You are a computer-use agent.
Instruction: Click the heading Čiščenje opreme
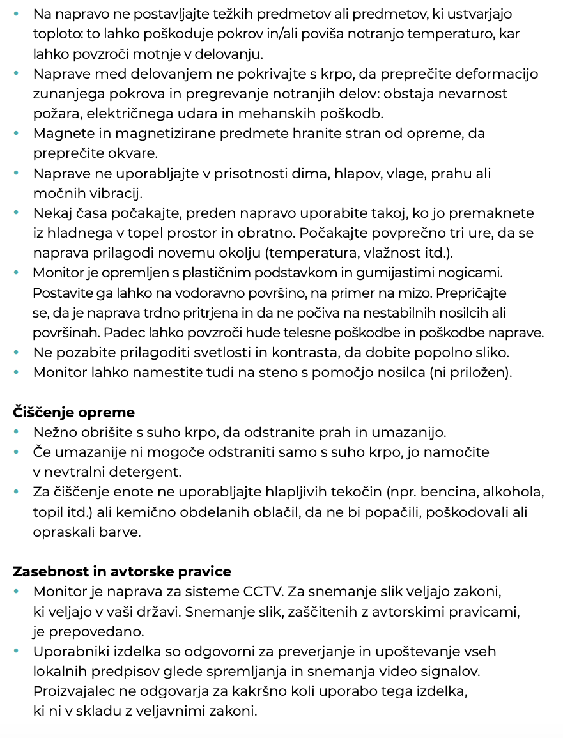tap(74, 413)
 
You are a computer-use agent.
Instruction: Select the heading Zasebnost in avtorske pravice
tap(122, 571)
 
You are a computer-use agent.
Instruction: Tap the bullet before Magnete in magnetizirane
tap(17, 134)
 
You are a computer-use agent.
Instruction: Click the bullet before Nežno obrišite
tap(17, 433)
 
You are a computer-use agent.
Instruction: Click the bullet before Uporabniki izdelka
tap(17, 652)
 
